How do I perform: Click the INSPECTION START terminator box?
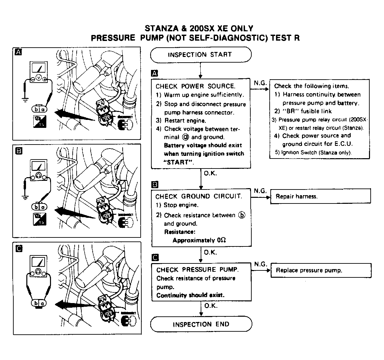click(x=201, y=55)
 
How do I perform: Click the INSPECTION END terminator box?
click(x=201, y=324)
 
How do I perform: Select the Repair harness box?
click(x=320, y=196)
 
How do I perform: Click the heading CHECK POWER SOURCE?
click(x=195, y=86)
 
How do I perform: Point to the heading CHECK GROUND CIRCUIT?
click(x=199, y=196)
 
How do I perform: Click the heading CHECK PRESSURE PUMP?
click(x=197, y=270)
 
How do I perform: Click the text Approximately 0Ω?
click(x=200, y=240)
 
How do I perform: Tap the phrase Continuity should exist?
click(x=190, y=295)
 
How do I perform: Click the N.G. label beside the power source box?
click(x=260, y=83)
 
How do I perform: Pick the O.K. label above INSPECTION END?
click(x=211, y=305)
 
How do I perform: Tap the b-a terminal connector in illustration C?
click(x=39, y=303)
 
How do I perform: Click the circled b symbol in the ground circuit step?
click(x=241, y=215)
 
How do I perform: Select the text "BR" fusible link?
click(x=303, y=111)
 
